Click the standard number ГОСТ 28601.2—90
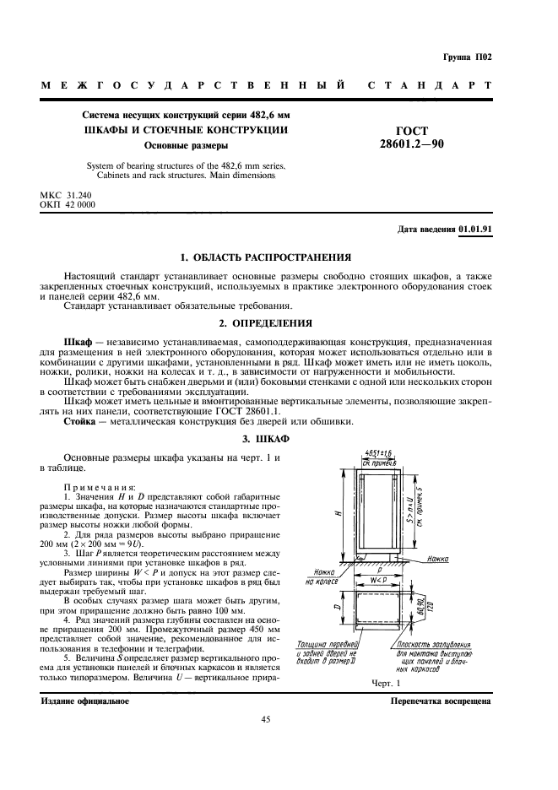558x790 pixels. pyautogui.click(x=412, y=138)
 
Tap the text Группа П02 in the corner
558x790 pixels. pyautogui.click(x=467, y=57)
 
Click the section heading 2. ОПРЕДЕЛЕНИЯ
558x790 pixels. pyautogui.click(x=278, y=322)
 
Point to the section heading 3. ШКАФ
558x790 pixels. pyautogui.click(x=278, y=440)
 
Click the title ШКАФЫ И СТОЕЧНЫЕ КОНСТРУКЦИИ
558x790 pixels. pyautogui.click(x=185, y=129)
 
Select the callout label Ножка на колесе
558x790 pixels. pyautogui.click(x=321, y=576)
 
